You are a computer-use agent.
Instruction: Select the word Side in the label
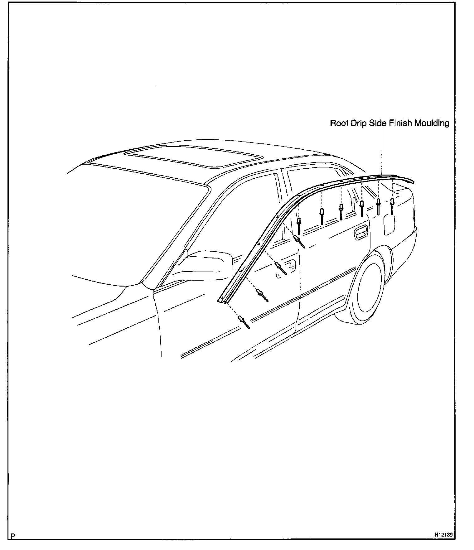click(x=378, y=123)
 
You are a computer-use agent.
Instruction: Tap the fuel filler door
click(x=390, y=223)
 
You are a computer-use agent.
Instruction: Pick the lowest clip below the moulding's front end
click(x=244, y=322)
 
